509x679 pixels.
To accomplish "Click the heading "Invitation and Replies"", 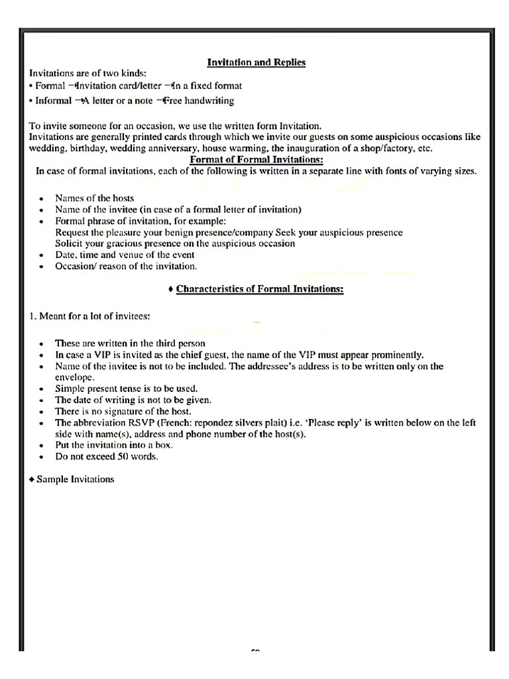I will point(256,62).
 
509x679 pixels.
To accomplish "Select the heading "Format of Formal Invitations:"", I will point(256,160).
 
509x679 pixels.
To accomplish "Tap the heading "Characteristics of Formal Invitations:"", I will point(260,289).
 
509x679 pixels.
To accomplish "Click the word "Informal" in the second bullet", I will point(53,101).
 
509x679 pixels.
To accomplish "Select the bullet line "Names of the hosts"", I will point(94,198).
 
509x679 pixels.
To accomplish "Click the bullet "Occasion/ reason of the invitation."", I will point(126,266).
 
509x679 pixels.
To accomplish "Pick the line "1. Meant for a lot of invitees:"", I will point(89,316).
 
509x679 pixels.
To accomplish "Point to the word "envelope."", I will point(76,377).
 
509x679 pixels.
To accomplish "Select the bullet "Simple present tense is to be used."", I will point(126,389).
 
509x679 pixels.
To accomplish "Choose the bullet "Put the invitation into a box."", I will point(115,445).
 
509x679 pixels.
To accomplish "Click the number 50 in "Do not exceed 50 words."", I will point(123,456).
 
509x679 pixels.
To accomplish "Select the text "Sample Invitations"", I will point(75,479).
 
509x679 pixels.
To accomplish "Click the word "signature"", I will point(118,411).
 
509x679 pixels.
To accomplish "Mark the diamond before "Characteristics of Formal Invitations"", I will point(171,289).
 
